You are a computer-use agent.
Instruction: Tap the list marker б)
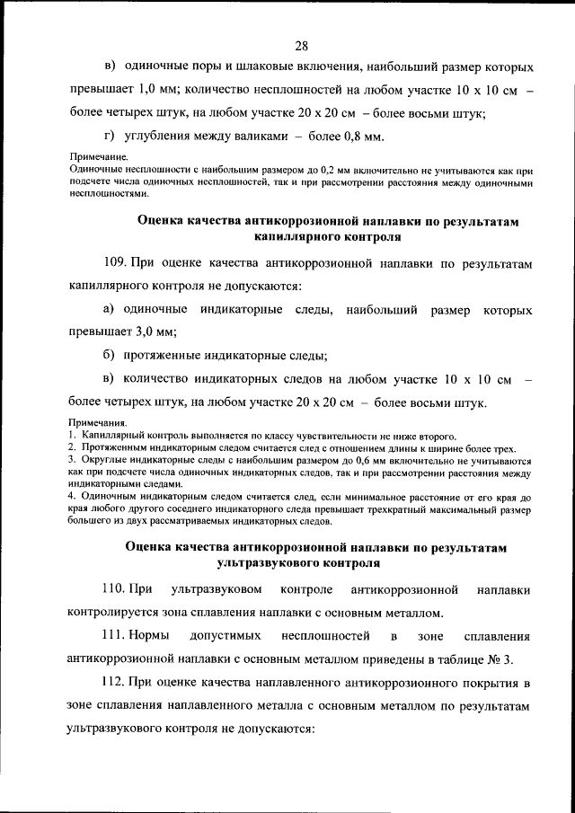tap(111, 356)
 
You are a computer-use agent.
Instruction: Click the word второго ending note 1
tap(436, 436)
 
